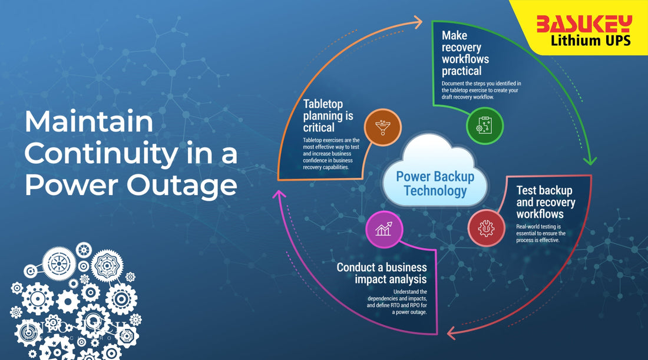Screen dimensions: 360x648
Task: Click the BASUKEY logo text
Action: coord(583,24)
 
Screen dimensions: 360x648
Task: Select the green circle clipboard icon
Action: coord(485,125)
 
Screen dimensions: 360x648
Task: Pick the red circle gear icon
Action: coord(487,228)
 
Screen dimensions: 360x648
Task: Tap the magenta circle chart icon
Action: coord(383,230)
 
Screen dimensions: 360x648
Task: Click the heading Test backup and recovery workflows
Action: coord(545,202)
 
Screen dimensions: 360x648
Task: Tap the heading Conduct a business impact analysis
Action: coord(382,273)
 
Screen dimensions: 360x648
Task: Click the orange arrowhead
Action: coord(417,22)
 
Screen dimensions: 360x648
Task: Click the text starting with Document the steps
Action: coord(481,90)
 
